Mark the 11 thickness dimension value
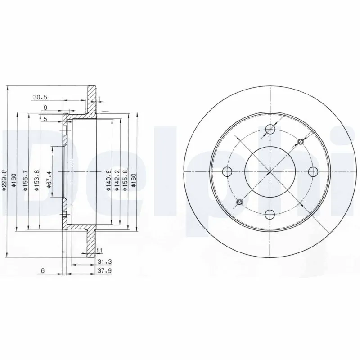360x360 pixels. coord(100,250)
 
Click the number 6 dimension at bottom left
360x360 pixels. coord(42,271)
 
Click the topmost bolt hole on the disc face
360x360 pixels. coord(270,130)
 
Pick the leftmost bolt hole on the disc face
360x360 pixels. coord(227,172)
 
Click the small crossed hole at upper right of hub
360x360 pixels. coord(300,142)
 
